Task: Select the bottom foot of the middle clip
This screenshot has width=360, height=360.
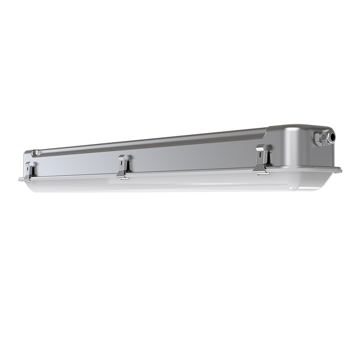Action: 122,177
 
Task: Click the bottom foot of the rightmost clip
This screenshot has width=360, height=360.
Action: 261,171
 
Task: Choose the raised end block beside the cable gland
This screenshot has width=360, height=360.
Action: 292,144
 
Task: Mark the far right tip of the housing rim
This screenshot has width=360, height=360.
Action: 341,170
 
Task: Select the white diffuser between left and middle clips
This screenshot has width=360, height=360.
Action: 76,184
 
